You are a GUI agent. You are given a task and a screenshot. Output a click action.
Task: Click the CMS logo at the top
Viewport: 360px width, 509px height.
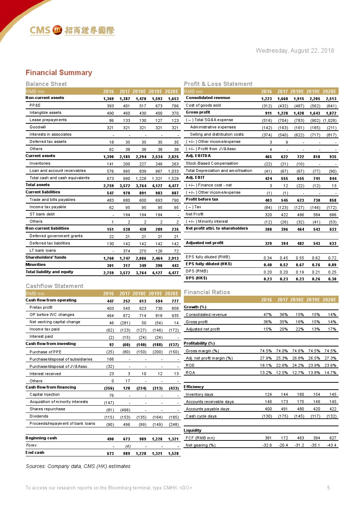tap(72, 30)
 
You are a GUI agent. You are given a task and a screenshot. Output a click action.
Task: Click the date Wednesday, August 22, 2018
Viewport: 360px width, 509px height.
tap(295, 51)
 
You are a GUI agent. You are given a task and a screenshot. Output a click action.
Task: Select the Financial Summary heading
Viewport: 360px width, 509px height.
tap(59, 73)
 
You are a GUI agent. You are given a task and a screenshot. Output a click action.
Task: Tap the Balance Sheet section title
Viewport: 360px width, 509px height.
tap(46, 84)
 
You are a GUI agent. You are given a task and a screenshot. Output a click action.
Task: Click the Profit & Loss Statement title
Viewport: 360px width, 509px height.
tap(218, 84)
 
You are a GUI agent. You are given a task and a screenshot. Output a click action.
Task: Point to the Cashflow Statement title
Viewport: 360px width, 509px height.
tap(54, 286)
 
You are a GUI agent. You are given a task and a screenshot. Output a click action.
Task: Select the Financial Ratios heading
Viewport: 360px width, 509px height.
tap(207, 292)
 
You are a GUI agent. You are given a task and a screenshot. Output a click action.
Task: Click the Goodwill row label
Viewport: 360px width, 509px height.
tap(38, 127)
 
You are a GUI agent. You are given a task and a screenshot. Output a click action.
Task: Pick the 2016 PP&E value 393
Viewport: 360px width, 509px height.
tap(110, 106)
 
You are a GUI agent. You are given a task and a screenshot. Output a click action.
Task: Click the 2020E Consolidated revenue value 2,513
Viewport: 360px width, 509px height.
tap(331, 99)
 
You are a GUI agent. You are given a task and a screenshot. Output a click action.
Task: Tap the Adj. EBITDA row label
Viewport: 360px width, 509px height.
tap(198, 156)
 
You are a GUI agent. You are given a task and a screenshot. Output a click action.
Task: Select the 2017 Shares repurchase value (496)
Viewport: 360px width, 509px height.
tap(125, 410)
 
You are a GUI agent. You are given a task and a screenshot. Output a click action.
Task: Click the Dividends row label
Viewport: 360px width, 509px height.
tap(39, 416)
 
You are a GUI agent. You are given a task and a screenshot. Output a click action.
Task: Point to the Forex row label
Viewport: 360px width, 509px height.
tap(32, 445)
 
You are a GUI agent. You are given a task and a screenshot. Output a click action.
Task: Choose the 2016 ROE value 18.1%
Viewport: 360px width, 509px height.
tap(266, 366)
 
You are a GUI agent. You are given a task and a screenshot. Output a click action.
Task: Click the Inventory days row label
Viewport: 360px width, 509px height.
tap(199, 395)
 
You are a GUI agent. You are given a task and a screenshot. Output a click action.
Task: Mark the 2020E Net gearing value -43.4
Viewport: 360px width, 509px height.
tap(331, 446)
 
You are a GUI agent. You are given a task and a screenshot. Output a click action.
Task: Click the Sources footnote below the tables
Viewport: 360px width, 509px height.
tap(78, 466)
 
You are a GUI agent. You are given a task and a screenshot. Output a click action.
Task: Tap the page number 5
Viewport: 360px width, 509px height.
tap(328, 488)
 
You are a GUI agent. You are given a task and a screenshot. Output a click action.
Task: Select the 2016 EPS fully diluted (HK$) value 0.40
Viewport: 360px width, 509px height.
tap(268, 265)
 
